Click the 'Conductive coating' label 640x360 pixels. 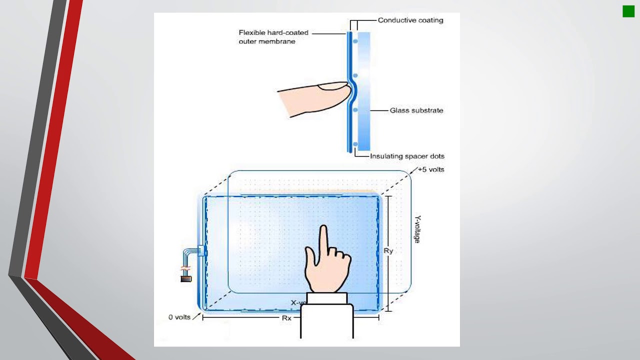[x=410, y=20]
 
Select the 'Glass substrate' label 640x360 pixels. [x=416, y=110]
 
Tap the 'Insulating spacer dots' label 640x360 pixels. [x=407, y=156]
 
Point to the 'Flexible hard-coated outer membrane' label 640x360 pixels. [x=273, y=37]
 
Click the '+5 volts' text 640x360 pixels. [x=430, y=169]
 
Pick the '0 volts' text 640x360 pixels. [x=179, y=317]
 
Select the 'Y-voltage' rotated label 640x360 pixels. [x=417, y=229]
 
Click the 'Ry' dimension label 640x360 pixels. [x=388, y=251]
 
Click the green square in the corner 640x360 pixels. [x=628, y=11]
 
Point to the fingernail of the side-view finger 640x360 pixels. [x=333, y=87]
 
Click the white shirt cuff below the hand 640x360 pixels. [x=327, y=298]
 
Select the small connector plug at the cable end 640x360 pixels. [x=186, y=278]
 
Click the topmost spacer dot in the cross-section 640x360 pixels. [x=355, y=41]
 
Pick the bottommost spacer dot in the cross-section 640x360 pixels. [x=355, y=144]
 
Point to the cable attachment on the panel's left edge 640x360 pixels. [x=202, y=251]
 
